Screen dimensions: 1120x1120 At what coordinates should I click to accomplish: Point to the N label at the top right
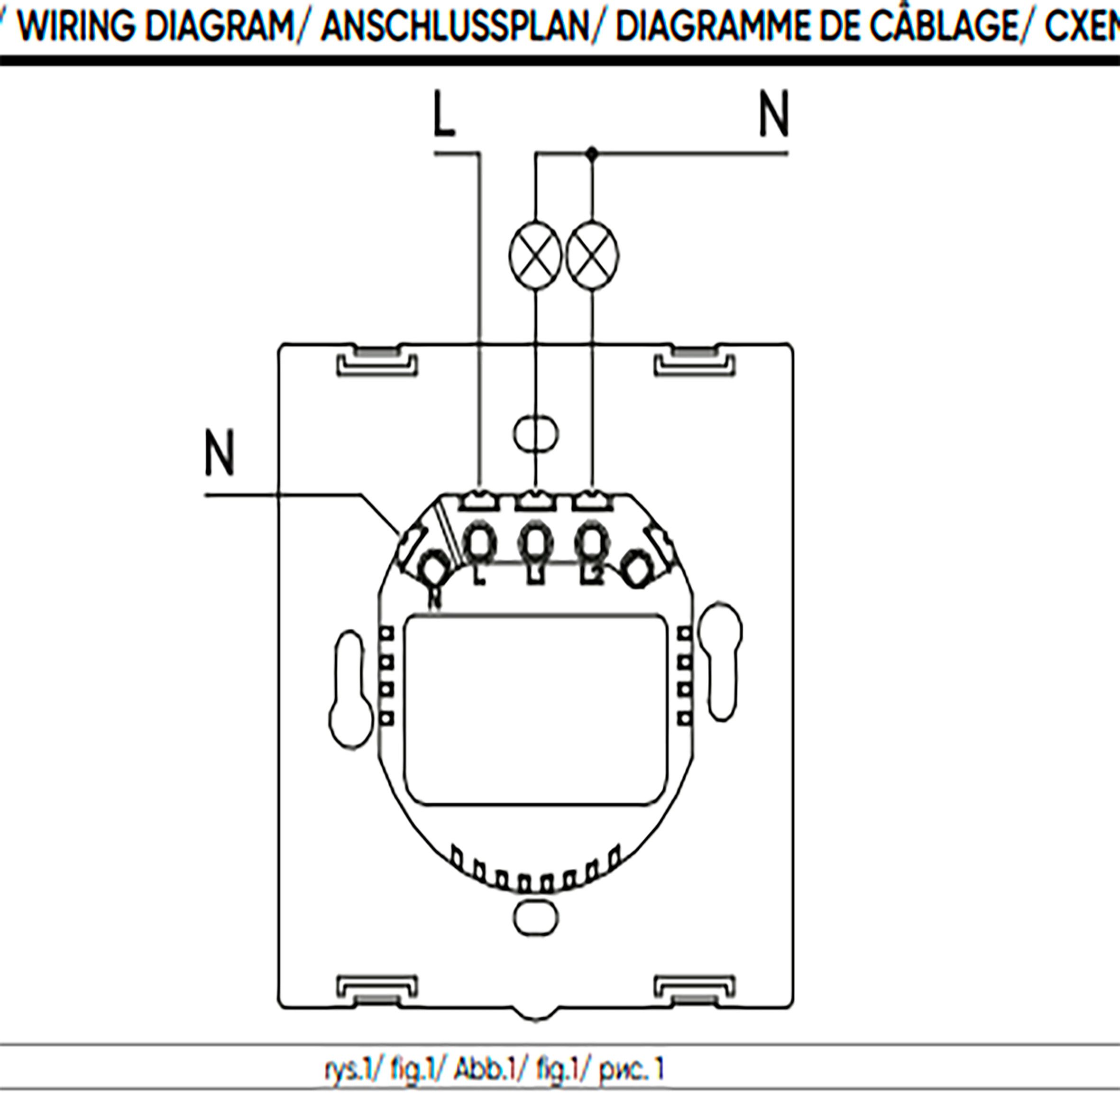pyautogui.click(x=774, y=114)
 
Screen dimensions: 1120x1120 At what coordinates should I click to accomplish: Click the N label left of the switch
pyautogui.click(x=220, y=453)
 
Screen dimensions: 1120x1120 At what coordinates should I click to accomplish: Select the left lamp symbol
pyautogui.click(x=535, y=255)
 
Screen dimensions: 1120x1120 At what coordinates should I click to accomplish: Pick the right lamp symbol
pyautogui.click(x=592, y=255)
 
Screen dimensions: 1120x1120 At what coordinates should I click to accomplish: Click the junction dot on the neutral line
pyautogui.click(x=592, y=154)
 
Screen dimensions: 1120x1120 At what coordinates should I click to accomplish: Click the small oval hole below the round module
pyautogui.click(x=536, y=918)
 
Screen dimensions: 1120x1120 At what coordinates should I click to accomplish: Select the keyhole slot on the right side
pyautogui.click(x=721, y=661)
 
